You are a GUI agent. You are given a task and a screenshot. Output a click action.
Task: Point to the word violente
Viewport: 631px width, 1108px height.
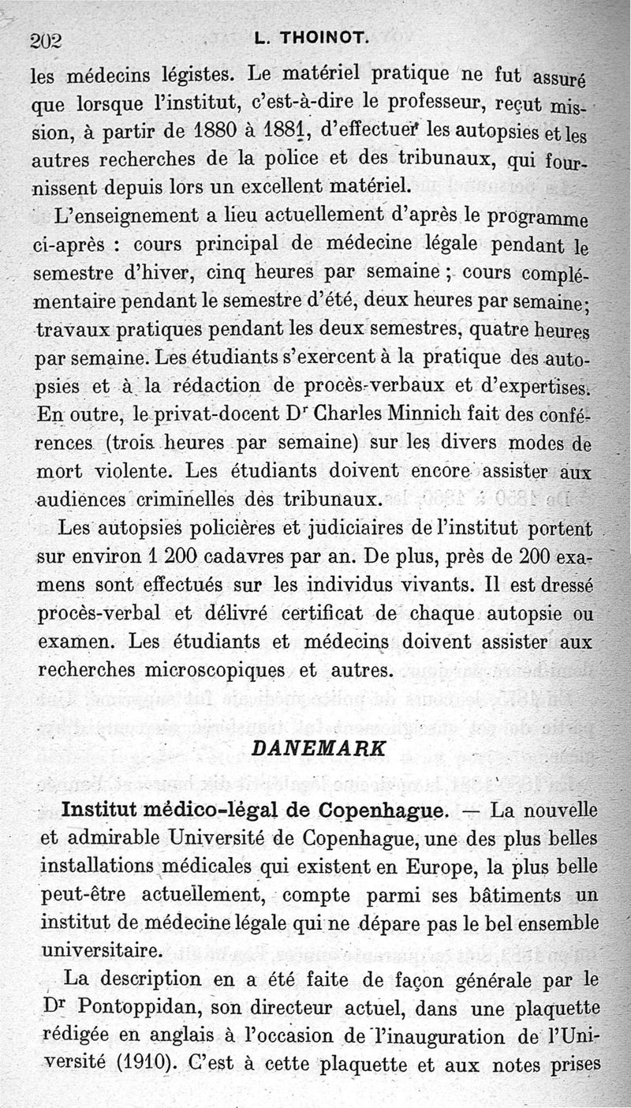(133, 471)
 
